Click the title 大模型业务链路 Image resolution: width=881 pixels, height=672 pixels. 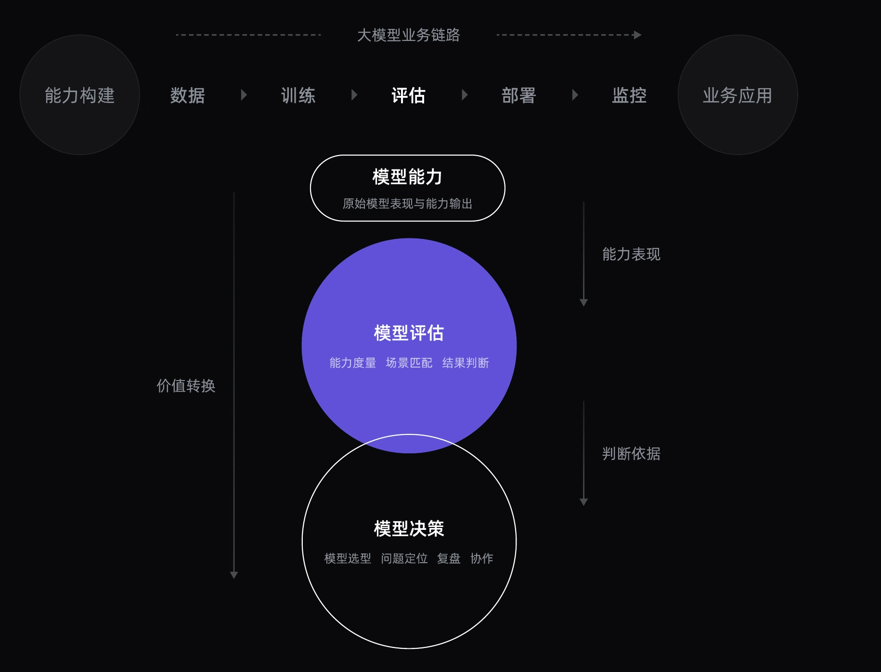point(408,35)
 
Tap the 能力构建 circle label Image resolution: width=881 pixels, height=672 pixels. point(80,95)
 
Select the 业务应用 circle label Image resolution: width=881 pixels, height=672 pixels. point(738,95)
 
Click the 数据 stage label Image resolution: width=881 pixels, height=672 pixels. point(188,95)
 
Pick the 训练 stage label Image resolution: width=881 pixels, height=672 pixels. point(298,95)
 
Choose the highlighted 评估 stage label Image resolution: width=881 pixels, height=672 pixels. point(408,95)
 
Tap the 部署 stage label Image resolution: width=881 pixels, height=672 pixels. point(519,95)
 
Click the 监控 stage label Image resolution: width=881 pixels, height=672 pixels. point(629,95)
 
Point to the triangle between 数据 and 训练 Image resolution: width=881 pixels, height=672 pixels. point(244,95)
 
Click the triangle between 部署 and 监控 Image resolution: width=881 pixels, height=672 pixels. point(575,95)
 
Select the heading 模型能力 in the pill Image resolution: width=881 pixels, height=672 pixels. point(407,177)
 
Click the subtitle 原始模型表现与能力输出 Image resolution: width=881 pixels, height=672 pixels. point(407,204)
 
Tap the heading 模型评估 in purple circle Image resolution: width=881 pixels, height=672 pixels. point(409,333)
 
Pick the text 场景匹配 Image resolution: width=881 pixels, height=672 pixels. point(409,363)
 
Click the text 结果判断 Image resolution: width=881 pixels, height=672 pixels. point(466,363)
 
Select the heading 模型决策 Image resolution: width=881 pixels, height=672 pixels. point(409,528)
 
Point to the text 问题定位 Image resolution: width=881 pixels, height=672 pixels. point(404,558)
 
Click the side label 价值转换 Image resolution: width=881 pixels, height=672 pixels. point(186,386)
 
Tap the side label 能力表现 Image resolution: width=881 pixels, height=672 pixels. point(631,254)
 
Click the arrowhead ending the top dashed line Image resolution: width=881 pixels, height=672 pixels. point(638,35)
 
